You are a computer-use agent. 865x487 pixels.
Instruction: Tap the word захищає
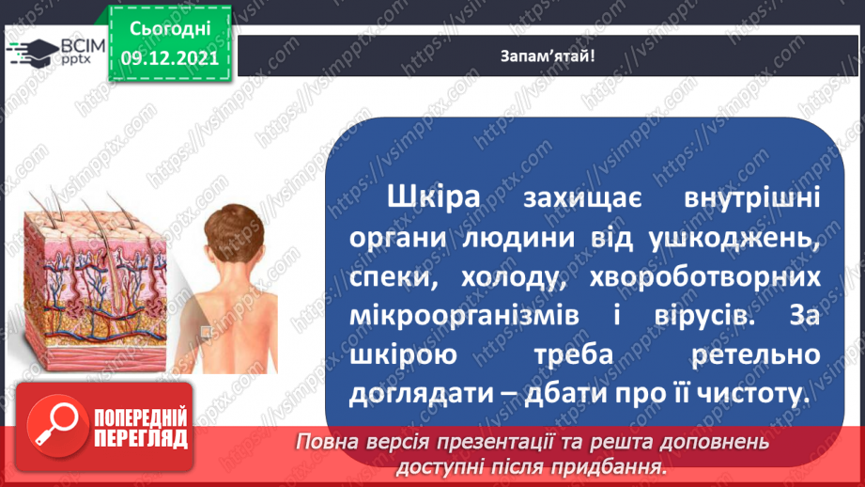pos(584,198)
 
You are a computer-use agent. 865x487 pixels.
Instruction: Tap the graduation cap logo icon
pos(35,51)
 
